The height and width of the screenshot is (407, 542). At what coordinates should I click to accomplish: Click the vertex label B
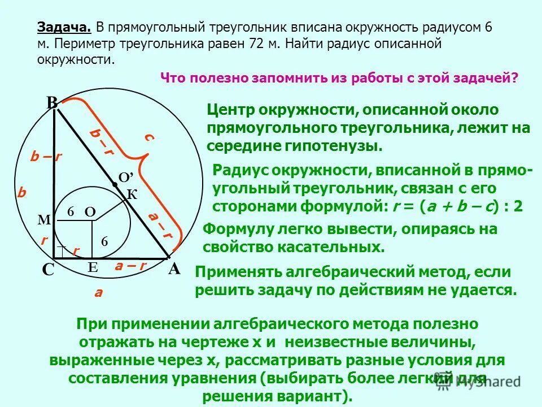point(52,102)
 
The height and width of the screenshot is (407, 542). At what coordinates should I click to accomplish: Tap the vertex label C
point(48,270)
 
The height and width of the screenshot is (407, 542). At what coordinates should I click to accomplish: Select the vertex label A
point(174,269)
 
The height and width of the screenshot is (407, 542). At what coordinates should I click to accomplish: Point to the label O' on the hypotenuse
point(125,176)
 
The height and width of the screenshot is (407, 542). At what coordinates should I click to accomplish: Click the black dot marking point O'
point(115,184)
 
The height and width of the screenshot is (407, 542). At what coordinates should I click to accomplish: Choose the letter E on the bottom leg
point(93,268)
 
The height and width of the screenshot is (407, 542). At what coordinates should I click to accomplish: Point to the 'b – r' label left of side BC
point(46,158)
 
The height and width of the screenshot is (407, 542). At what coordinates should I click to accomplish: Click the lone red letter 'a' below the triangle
point(98,292)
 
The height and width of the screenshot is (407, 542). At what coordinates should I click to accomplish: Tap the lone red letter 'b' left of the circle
point(22,192)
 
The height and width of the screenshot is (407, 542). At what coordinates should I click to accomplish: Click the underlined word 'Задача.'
point(64,27)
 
